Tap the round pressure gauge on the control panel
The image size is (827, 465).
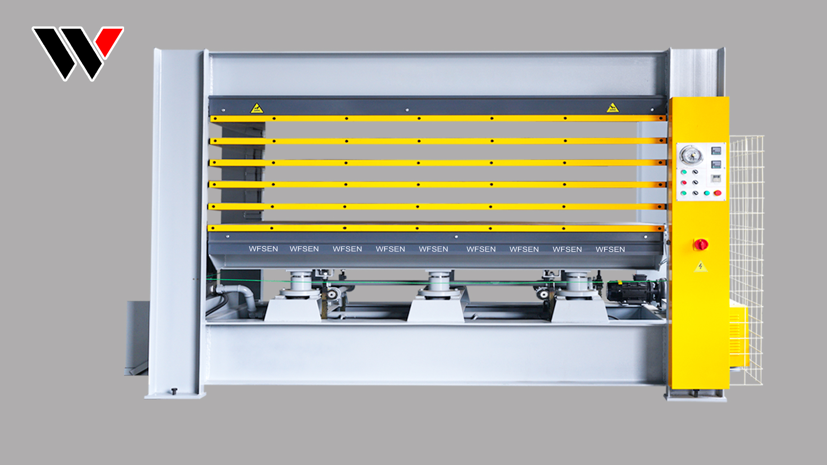click(x=691, y=155)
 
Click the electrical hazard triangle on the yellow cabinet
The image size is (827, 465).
click(x=701, y=267)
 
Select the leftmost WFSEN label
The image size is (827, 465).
click(x=263, y=249)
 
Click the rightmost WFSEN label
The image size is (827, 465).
click(x=610, y=249)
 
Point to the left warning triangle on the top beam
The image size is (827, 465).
click(x=257, y=108)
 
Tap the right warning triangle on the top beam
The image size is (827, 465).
click(x=612, y=108)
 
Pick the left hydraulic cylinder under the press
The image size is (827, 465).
click(x=301, y=284)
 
